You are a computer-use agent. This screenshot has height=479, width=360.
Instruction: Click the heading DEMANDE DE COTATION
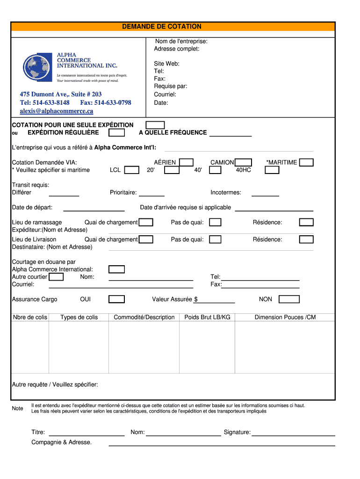click(x=162, y=27)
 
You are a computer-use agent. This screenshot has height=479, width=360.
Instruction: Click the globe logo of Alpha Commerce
click(x=38, y=68)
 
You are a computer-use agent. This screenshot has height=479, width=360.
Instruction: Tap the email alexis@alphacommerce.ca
click(x=56, y=111)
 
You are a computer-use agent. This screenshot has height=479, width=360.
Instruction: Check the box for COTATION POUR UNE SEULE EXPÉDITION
click(x=155, y=125)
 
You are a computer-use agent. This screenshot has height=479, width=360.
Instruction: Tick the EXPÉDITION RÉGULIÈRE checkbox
click(x=116, y=133)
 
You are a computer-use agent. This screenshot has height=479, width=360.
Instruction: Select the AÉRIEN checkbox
click(x=187, y=162)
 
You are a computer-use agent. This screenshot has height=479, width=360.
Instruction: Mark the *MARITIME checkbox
click(x=306, y=162)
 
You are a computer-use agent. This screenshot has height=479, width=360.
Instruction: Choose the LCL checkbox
click(x=132, y=170)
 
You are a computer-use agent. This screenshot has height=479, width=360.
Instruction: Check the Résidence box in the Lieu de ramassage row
click(x=306, y=223)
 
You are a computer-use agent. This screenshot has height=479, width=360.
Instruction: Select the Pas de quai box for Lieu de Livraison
click(x=215, y=239)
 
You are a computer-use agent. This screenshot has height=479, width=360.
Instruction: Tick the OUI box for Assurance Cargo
click(x=116, y=299)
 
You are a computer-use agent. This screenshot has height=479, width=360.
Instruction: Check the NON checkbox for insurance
click(x=289, y=299)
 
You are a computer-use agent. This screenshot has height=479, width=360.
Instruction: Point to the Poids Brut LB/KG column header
click(x=207, y=317)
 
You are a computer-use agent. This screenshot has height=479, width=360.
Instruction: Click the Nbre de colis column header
click(x=30, y=317)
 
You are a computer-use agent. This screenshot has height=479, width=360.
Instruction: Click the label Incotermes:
click(x=226, y=192)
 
